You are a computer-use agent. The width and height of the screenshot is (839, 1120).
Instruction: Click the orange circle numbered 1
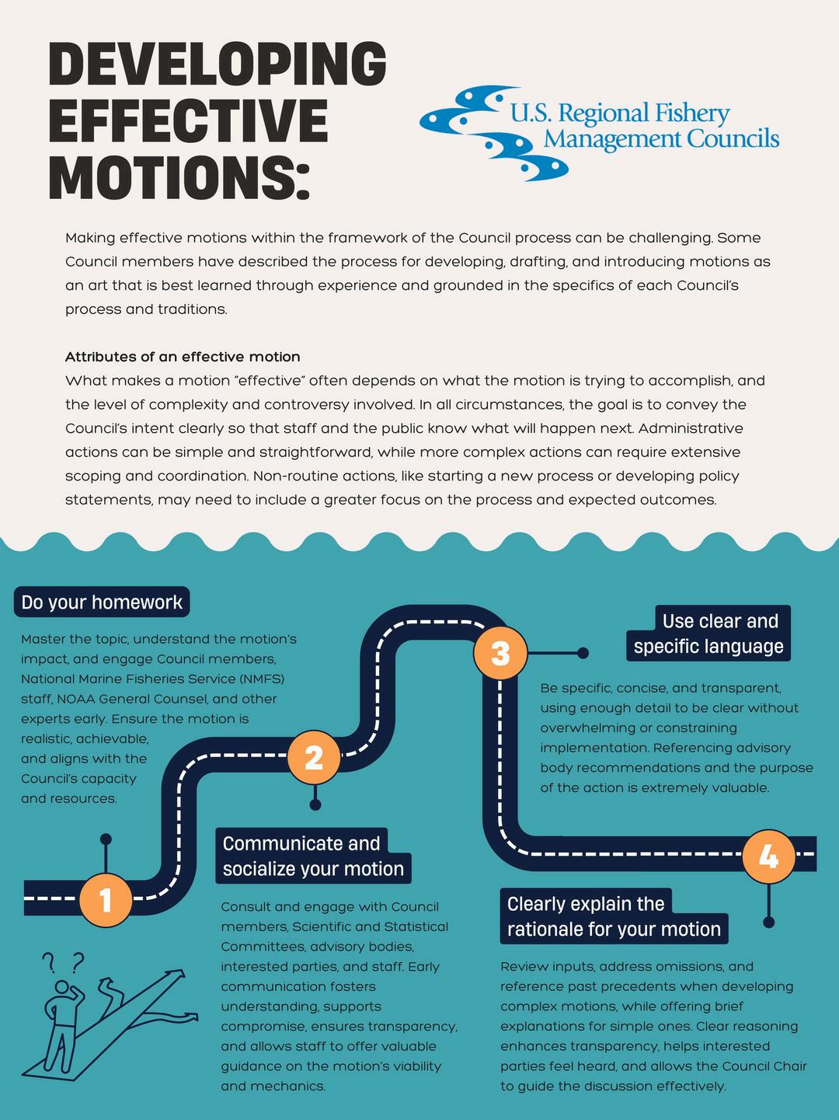coord(106,899)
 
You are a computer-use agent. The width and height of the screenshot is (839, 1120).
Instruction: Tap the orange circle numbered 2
coord(313,757)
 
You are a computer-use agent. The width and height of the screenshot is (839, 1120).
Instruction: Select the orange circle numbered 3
coord(500,652)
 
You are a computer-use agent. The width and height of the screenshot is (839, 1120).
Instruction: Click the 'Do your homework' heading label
coord(102,602)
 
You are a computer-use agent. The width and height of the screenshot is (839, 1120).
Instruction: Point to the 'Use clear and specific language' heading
coord(708,633)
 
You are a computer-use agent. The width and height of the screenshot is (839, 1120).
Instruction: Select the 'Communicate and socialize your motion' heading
coord(313,856)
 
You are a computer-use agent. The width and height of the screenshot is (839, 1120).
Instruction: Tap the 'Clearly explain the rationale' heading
coord(614,916)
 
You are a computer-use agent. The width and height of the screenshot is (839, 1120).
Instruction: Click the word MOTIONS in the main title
coord(179,178)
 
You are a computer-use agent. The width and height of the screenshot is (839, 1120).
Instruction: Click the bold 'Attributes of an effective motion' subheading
coord(183,357)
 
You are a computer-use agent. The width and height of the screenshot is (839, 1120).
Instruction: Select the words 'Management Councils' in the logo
coord(661,139)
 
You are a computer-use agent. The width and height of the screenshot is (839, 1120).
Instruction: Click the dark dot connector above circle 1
coord(106,839)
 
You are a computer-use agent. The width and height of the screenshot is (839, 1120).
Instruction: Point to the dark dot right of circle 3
coord(583,653)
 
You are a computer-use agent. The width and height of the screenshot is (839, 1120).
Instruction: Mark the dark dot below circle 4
coord(768,923)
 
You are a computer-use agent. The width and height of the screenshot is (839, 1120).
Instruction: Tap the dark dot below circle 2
coord(315,804)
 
